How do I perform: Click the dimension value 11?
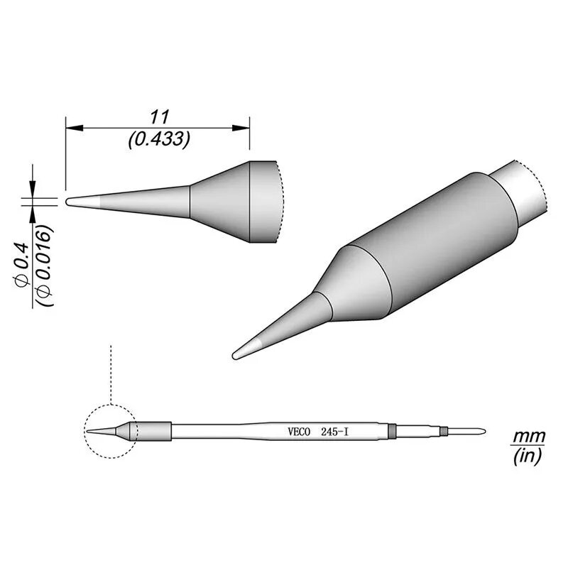coord(160,117)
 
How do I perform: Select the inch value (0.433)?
coord(159,138)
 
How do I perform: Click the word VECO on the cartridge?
coord(299,432)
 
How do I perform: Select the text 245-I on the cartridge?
coord(334,432)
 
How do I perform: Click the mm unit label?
coord(528,437)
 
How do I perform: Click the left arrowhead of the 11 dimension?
coord(75,128)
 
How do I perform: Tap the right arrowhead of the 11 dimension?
coord(241,128)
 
